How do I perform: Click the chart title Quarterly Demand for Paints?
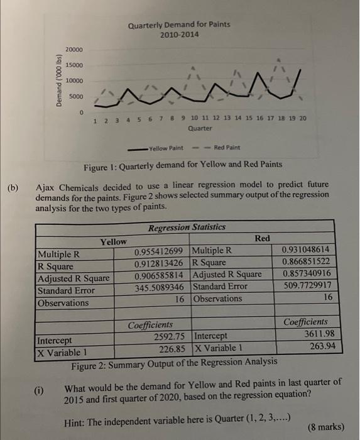[x=179, y=25]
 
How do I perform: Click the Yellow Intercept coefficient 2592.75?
[x=169, y=336]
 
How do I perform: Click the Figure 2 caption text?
[x=174, y=361]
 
